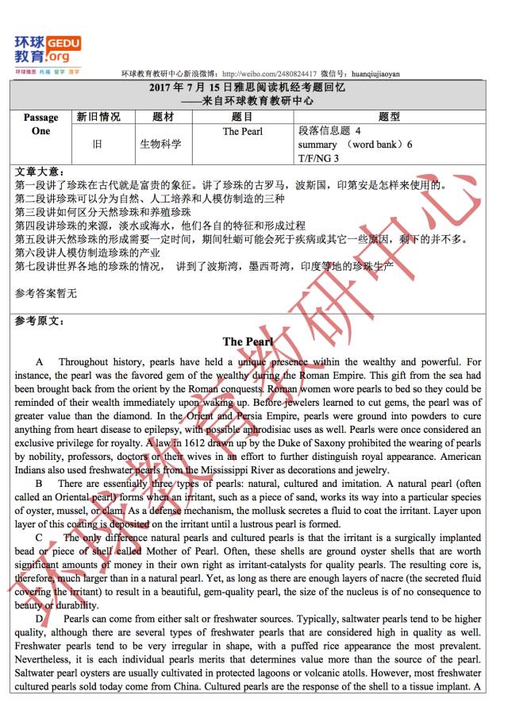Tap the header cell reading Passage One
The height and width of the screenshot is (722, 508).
point(40,125)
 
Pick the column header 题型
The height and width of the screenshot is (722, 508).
point(389,117)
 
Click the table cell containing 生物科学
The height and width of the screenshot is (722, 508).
point(160,145)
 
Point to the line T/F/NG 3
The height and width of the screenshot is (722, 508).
point(318,158)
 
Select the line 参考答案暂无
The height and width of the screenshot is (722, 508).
point(46,293)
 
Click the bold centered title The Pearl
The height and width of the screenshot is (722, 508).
point(248,342)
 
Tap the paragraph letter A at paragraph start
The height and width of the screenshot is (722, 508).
point(40,362)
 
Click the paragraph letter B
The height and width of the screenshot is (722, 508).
point(40,484)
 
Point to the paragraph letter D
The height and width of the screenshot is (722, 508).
point(40,619)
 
